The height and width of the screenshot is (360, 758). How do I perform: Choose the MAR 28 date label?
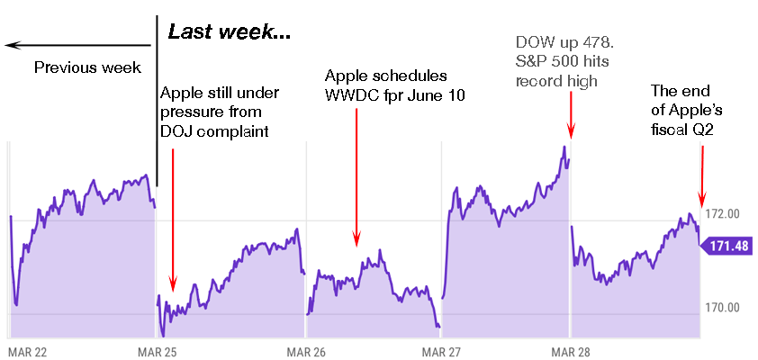click(571, 352)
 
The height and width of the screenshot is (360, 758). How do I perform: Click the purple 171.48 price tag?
click(726, 246)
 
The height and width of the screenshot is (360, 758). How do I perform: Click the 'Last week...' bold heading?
click(230, 32)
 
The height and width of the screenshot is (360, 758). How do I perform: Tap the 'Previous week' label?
click(87, 67)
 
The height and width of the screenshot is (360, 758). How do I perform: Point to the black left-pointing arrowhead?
click(12, 45)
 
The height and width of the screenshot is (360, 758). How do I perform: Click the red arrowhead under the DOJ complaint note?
click(173, 283)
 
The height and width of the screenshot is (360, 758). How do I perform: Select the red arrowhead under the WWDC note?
click(356, 238)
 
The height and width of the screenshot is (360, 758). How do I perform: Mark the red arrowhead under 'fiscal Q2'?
click(702, 199)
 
